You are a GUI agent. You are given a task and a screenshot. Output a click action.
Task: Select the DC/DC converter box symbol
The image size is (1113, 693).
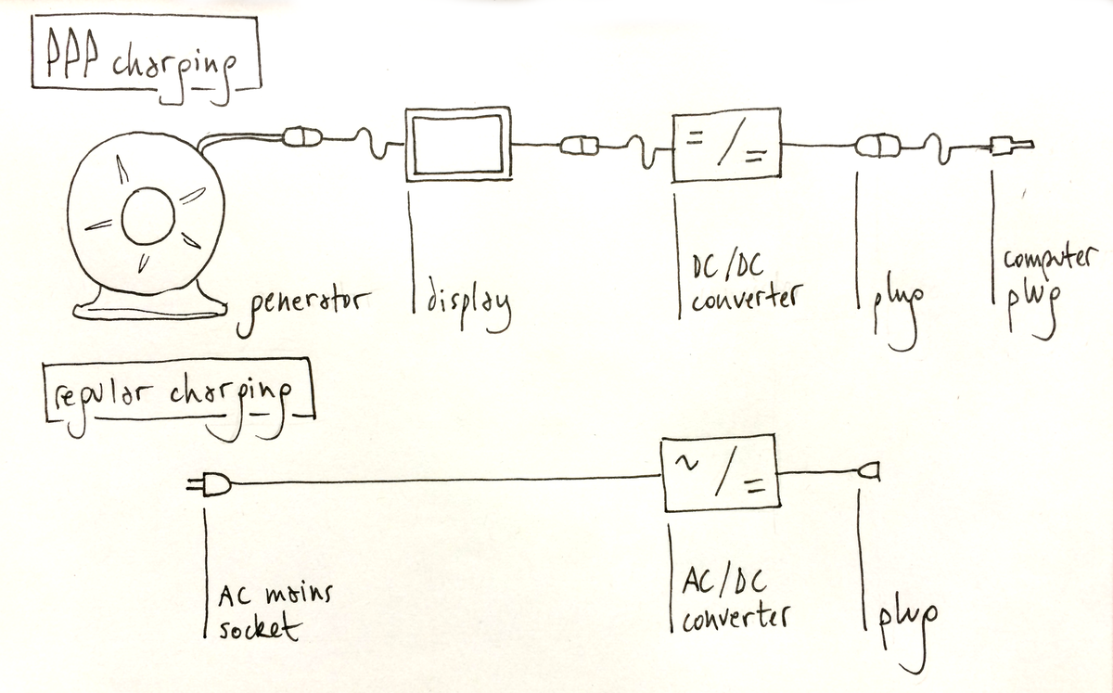coord(726,146)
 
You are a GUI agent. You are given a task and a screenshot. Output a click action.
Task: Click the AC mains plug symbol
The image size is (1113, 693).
coord(209,482)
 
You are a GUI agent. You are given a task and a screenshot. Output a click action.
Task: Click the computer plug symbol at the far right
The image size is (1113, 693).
coord(1006,146)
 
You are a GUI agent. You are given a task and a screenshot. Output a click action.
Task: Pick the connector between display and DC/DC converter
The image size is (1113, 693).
coord(577,145)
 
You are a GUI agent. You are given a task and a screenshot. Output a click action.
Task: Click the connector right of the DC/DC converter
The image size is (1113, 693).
coord(872,146)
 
